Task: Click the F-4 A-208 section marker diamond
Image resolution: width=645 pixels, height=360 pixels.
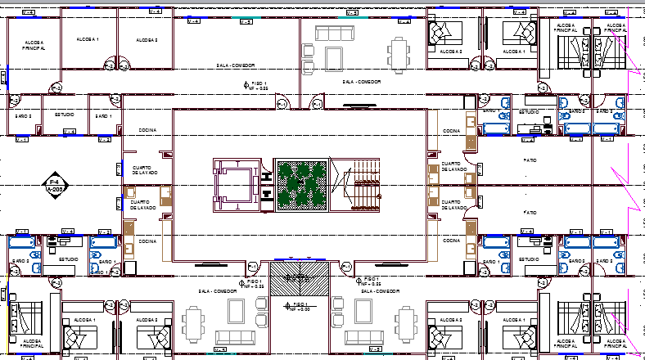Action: coord(55,184)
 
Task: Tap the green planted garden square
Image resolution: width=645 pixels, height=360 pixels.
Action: coord(300,185)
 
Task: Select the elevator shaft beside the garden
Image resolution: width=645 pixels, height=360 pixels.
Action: coord(239,184)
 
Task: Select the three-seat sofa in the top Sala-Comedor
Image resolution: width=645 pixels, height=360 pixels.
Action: coord(333,33)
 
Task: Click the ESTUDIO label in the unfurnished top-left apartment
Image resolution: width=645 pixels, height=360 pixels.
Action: coord(65,116)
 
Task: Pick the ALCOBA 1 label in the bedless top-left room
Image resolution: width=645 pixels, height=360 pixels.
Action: coord(87,39)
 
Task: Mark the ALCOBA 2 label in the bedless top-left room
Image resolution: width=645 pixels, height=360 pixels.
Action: coord(147,39)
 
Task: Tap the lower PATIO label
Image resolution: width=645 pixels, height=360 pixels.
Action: coord(530,213)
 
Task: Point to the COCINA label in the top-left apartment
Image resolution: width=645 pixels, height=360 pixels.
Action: coord(147,129)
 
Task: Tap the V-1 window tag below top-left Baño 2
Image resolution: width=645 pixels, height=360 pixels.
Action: coord(22,139)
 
